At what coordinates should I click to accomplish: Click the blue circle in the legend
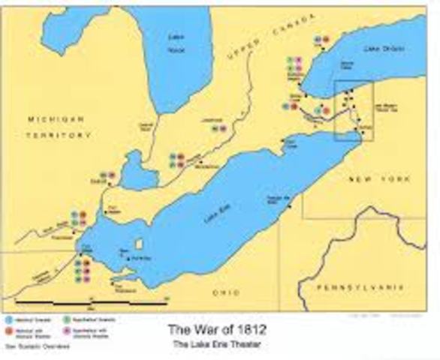8,319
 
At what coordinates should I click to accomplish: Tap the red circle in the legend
8,330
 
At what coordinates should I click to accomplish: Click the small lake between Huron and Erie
137,172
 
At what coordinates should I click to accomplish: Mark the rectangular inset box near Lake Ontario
354,110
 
